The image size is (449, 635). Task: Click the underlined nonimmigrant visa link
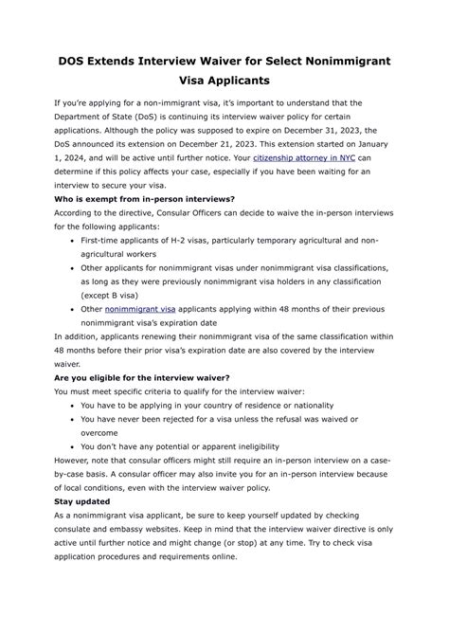pyautogui.click(x=140, y=308)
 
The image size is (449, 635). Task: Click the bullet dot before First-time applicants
pyautogui.click(x=73, y=241)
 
